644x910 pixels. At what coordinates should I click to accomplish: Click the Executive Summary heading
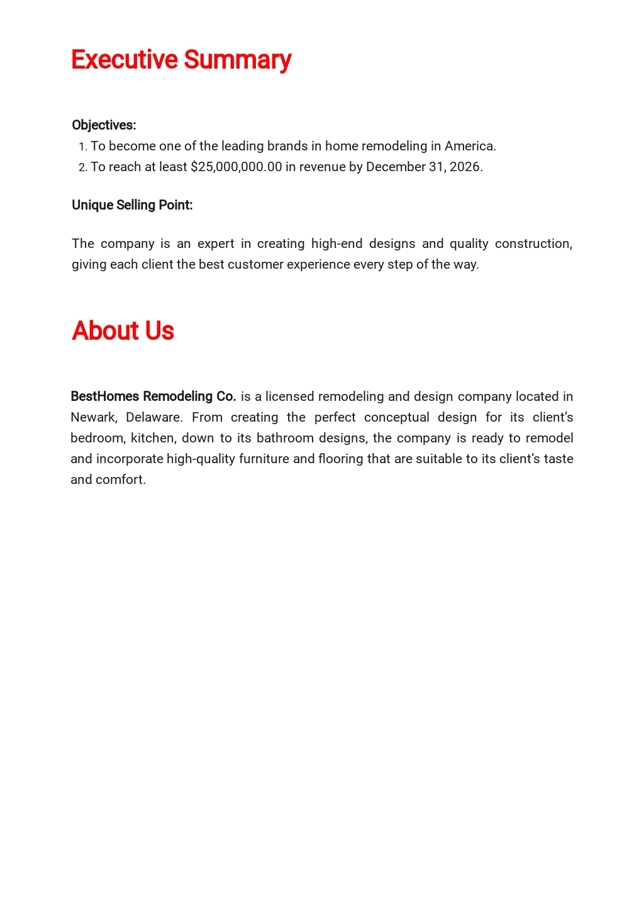pyautogui.click(x=181, y=60)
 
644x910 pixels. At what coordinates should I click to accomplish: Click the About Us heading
pyautogui.click(x=123, y=331)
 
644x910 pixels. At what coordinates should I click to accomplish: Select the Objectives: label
pyautogui.click(x=104, y=125)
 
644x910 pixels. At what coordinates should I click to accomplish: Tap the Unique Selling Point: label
pyautogui.click(x=132, y=205)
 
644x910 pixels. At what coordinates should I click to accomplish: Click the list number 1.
pyautogui.click(x=82, y=147)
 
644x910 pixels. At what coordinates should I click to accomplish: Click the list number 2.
pyautogui.click(x=82, y=167)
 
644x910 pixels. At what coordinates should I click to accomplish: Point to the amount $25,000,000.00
pyautogui.click(x=236, y=167)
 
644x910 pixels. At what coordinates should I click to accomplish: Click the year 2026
pyautogui.click(x=465, y=167)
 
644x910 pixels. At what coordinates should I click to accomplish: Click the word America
pyautogui.click(x=469, y=146)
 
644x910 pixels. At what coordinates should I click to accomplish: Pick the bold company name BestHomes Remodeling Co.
pyautogui.click(x=153, y=396)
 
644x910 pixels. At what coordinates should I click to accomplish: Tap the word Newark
pyautogui.click(x=93, y=417)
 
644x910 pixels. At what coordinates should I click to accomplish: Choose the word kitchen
pyautogui.click(x=152, y=438)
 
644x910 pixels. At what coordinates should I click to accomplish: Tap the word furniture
pyautogui.click(x=264, y=459)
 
